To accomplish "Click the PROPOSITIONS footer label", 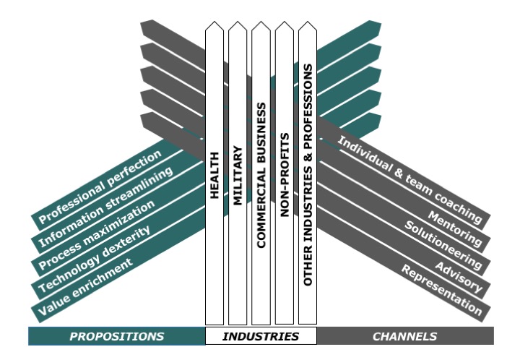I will click(117, 336).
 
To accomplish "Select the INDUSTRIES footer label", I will click(261, 336).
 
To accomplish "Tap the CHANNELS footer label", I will click(404, 336).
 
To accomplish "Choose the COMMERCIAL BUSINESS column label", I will click(261, 176).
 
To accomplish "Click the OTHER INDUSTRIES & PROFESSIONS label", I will click(308, 174).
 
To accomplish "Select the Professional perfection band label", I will click(100, 187).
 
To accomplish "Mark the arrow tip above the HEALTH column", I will click(214, 24).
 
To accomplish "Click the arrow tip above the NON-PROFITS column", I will click(285, 24).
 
